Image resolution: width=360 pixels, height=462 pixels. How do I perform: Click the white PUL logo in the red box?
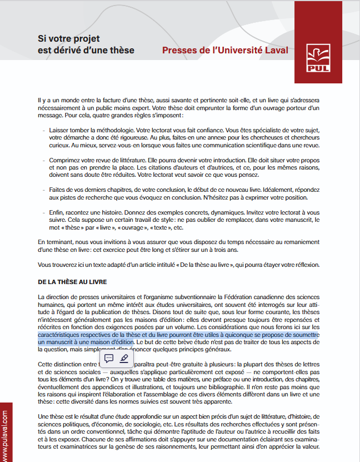point(318,58)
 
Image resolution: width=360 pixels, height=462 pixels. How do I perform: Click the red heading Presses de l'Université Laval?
point(225,51)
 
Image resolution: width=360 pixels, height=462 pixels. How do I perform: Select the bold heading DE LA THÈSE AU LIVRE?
point(73,282)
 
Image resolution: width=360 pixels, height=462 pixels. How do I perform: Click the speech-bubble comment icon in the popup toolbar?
point(109,358)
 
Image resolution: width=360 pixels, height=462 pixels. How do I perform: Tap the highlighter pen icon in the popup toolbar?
point(124,358)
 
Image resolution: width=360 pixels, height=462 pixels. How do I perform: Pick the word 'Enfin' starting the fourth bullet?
point(56,212)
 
